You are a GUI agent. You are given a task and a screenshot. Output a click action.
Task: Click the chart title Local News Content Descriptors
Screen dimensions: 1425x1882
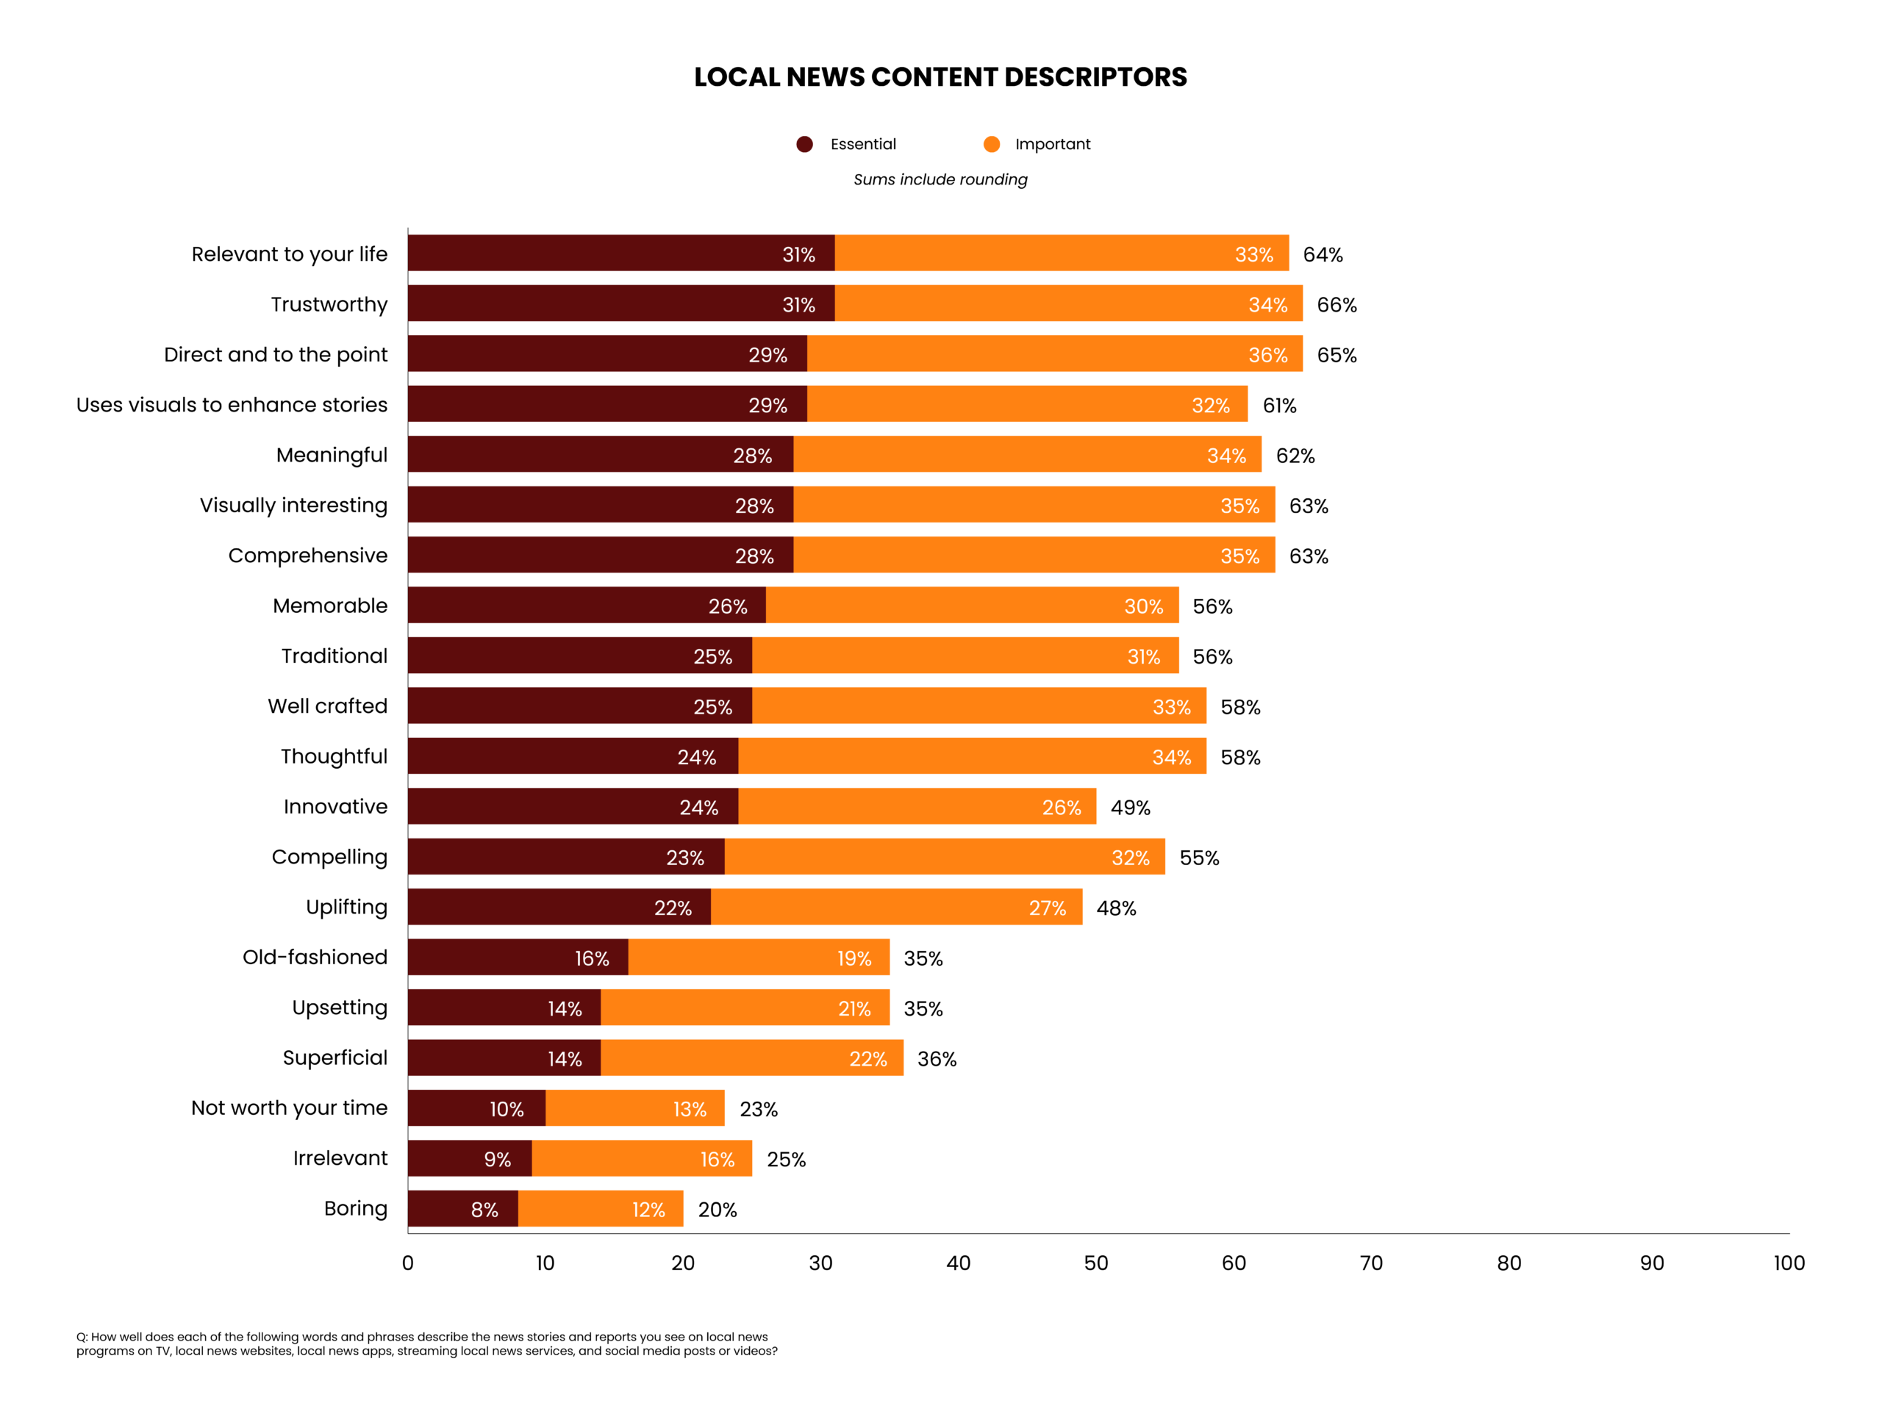940,77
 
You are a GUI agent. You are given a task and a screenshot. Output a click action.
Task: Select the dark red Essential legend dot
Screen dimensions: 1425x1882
804,144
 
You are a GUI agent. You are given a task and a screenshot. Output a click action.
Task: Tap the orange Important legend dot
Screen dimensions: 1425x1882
991,144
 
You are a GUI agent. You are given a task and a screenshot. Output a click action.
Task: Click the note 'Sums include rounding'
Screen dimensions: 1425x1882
940,179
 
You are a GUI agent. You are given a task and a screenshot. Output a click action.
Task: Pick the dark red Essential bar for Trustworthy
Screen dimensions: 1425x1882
621,304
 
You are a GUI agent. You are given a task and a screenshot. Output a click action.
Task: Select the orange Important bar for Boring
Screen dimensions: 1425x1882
600,1208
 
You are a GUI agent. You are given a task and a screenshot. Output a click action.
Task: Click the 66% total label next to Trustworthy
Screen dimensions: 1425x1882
1337,304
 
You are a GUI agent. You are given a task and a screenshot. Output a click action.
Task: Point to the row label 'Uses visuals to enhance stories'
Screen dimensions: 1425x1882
232,405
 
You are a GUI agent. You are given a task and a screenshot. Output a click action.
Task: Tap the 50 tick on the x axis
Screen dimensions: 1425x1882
1096,1263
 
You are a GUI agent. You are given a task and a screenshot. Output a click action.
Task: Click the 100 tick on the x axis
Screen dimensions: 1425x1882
1789,1263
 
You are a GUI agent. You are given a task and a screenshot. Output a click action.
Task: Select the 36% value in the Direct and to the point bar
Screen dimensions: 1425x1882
1267,355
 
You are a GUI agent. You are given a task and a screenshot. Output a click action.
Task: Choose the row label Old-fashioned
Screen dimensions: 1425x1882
315,957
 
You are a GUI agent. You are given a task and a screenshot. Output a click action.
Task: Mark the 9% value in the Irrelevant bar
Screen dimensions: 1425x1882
497,1160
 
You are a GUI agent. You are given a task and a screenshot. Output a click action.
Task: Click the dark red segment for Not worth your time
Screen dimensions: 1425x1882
476,1108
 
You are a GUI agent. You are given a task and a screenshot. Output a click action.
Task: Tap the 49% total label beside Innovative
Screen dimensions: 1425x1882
1130,808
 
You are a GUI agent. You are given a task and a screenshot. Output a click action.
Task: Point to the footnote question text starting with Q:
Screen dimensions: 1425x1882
426,1344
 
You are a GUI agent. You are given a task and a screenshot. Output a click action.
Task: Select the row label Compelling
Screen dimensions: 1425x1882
329,857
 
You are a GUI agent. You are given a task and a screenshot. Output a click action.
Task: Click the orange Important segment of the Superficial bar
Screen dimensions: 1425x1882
751,1058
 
